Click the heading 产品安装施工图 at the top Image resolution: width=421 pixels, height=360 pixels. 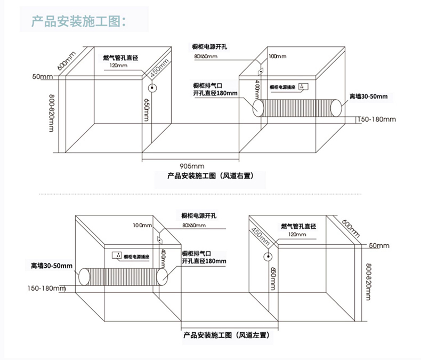click(x=79, y=22)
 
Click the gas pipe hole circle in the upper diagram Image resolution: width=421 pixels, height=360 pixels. click(x=151, y=89)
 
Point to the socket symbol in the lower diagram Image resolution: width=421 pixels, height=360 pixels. click(x=116, y=255)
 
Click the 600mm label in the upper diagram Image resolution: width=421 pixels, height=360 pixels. click(x=67, y=60)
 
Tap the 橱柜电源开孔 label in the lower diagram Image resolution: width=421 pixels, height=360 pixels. click(x=199, y=215)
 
